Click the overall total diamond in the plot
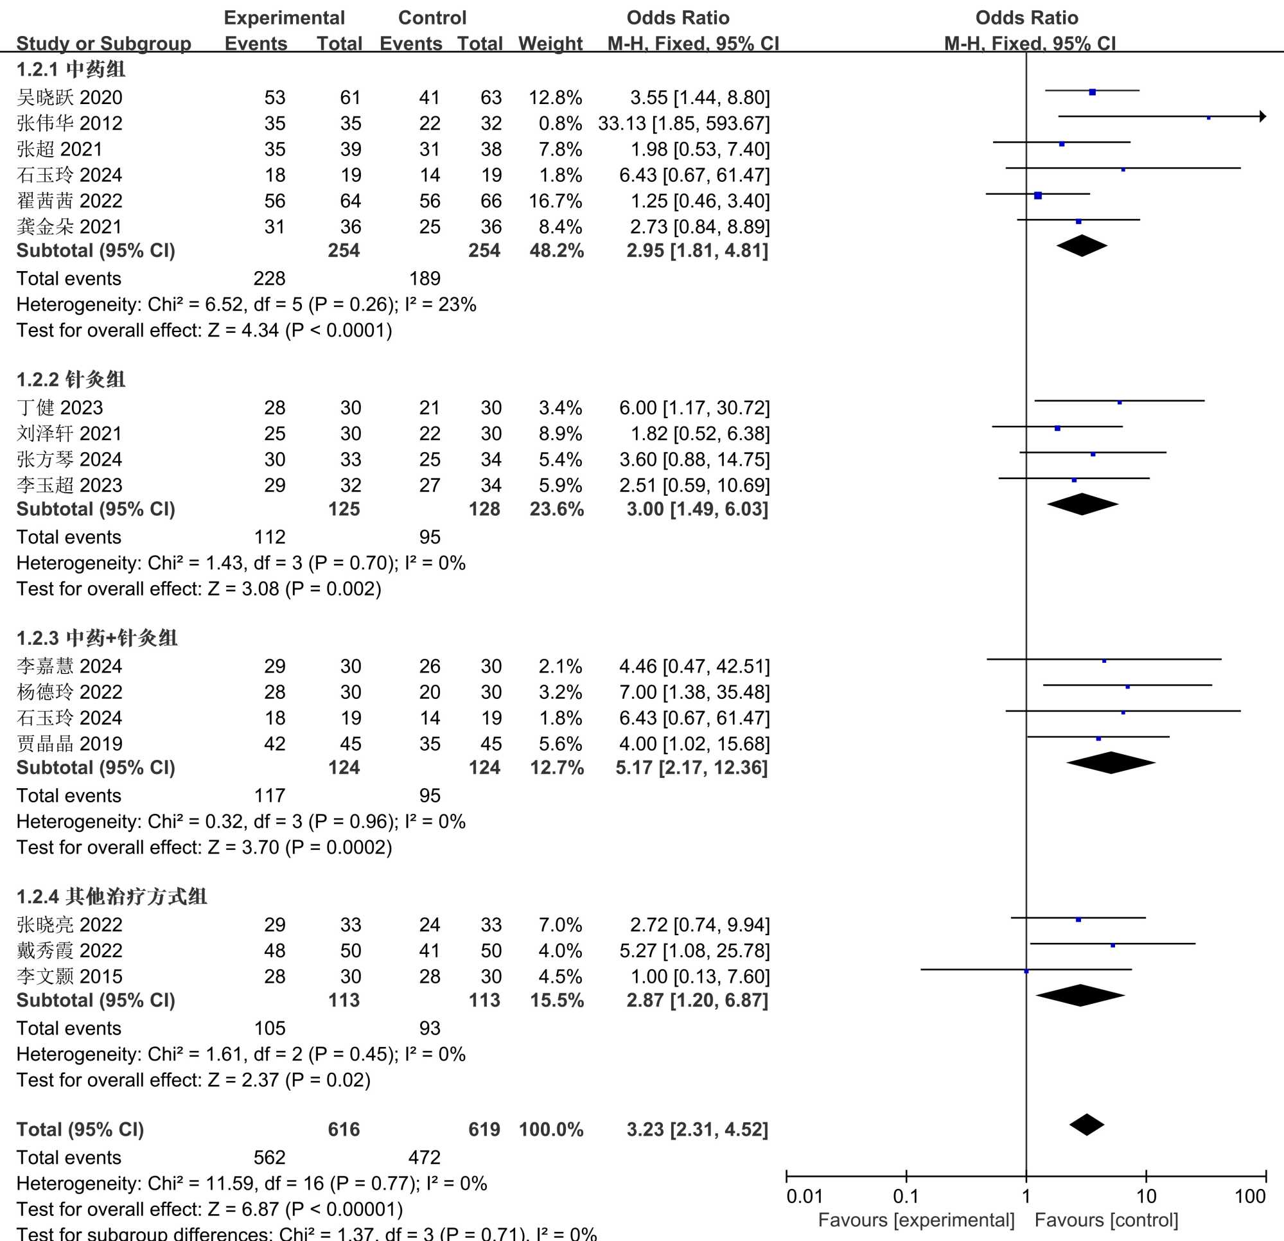pos(1087,1124)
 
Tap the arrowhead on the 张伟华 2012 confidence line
pos(1262,117)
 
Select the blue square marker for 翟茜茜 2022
pos(1038,195)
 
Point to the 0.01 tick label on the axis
pos(804,1197)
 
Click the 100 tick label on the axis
pos(1249,1197)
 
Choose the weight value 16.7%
pos(555,201)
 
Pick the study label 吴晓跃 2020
pos(69,98)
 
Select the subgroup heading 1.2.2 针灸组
pos(71,380)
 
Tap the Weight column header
pos(550,43)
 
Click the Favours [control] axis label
pos(1106,1220)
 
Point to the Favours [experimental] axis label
pos(916,1220)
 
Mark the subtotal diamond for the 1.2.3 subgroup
pos(1111,762)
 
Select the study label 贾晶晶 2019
pos(69,744)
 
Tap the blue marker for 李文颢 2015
pos(1026,971)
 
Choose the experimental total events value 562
pos(269,1157)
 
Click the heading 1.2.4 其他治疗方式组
pos(111,896)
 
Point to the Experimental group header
pos(284,18)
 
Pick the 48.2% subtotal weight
pos(556,251)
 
